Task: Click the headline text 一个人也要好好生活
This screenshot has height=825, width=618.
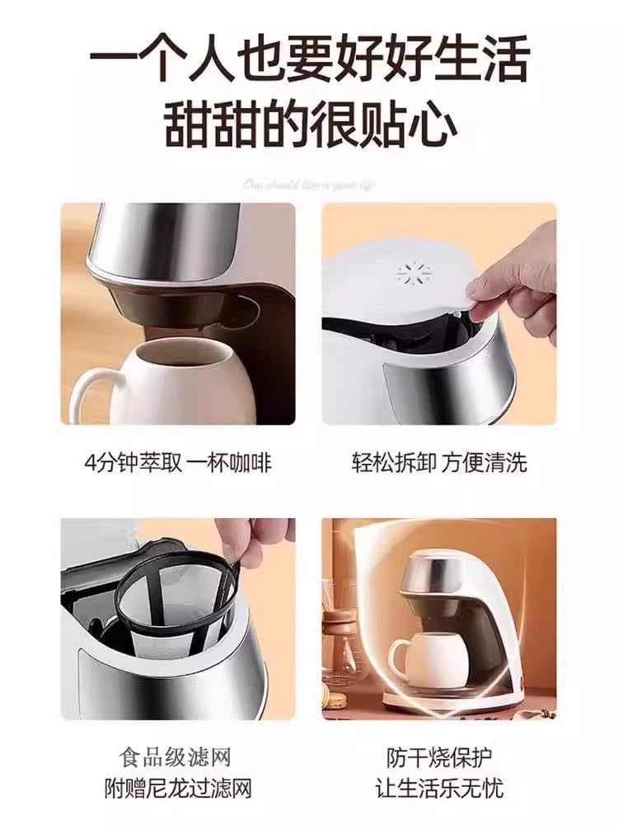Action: click(309, 63)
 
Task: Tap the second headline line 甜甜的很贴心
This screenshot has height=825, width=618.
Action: click(309, 125)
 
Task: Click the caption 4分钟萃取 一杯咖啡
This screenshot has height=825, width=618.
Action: click(178, 462)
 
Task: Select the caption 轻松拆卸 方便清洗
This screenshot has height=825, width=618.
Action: click(438, 462)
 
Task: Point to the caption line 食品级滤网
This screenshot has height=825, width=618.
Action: click(178, 757)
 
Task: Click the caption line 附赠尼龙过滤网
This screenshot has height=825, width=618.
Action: click(178, 787)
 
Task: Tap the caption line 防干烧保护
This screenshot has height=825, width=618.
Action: click(438, 757)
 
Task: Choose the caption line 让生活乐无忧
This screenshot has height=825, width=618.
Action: click(438, 787)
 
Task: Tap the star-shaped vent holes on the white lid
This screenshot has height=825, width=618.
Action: click(410, 275)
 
